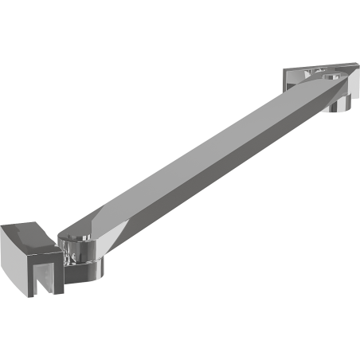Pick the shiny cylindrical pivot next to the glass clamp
79,254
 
